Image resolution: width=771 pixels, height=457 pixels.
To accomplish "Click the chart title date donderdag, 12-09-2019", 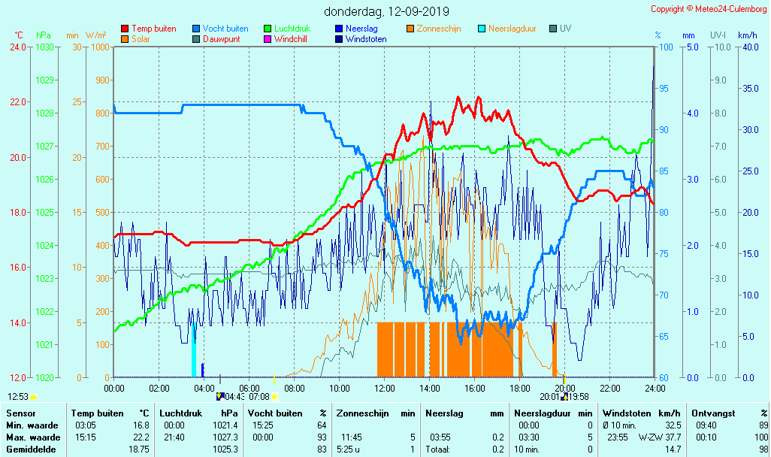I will pos(386,11).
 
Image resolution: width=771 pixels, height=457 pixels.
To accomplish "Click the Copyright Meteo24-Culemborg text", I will pos(709,9).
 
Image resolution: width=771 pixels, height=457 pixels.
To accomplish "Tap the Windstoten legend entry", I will pos(366,39).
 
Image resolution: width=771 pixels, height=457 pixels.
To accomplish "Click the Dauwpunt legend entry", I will pos(221,39).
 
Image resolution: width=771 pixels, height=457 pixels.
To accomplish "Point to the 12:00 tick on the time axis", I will pos(385,388).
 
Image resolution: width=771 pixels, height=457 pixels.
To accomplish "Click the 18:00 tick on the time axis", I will pos(520,388).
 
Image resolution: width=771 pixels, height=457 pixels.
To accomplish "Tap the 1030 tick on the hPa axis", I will pos(44,47).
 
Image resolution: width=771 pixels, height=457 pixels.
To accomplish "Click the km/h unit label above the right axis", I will pos(747,35).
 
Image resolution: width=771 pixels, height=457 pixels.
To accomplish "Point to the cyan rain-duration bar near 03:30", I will pos(194,350).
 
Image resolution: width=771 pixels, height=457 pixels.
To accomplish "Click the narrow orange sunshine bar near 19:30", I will pos(555,350).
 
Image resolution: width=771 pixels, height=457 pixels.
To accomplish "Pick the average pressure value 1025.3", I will pos(228,449).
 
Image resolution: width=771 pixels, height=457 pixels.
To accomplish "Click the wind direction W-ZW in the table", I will pos(649,437).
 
